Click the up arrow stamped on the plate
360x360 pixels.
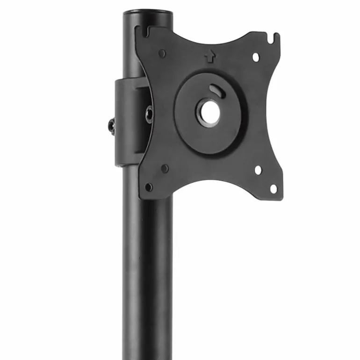[210, 57]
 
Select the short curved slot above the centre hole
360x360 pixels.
[216, 90]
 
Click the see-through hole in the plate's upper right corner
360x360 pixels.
[256, 57]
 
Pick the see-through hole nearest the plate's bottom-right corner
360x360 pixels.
[273, 188]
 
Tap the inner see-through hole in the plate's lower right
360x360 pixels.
[258, 170]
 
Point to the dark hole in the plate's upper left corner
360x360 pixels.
[162, 53]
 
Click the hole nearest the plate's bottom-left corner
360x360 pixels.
[149, 187]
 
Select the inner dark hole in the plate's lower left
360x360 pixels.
[165, 168]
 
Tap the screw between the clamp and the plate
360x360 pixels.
[149, 114]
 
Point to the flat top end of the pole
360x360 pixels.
[147, 12]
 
